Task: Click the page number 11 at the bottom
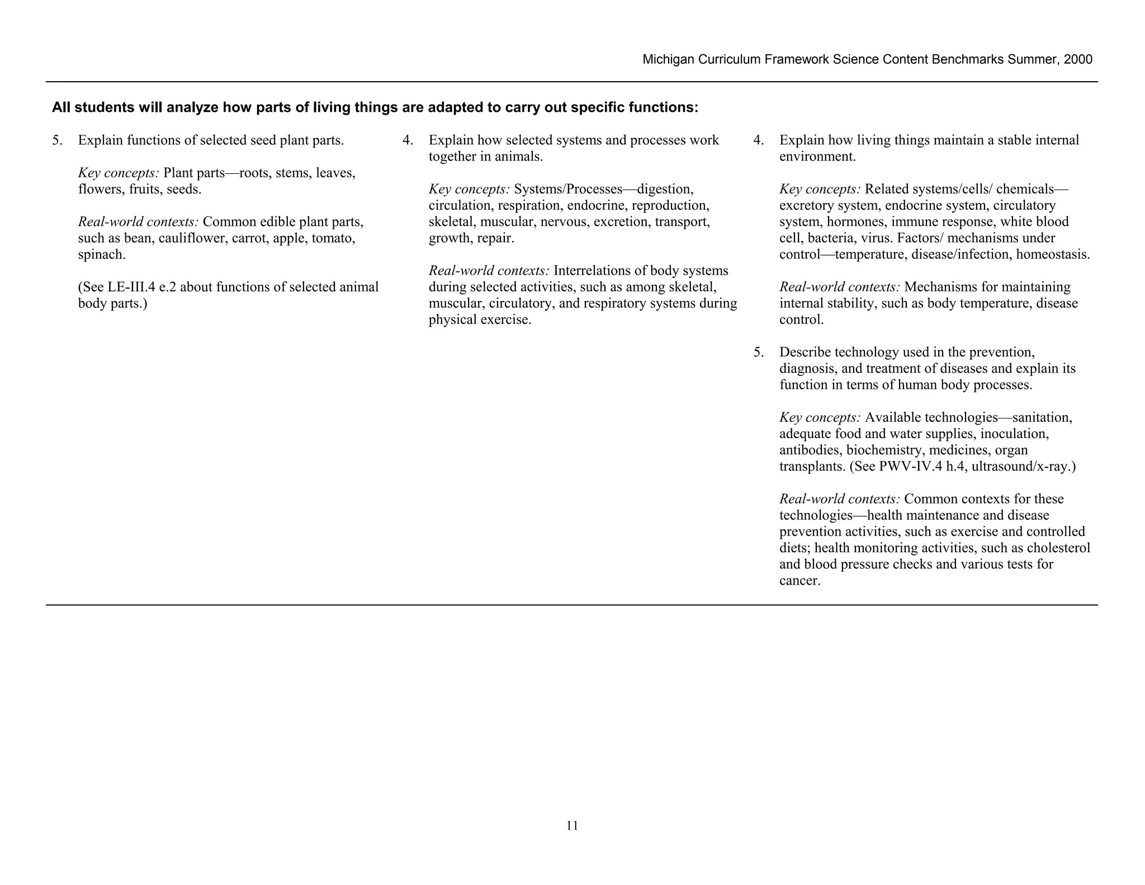click(572, 826)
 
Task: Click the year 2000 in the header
click(1078, 60)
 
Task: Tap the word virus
click(879, 238)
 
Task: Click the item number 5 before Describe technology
click(758, 352)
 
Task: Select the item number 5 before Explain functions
click(56, 140)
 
